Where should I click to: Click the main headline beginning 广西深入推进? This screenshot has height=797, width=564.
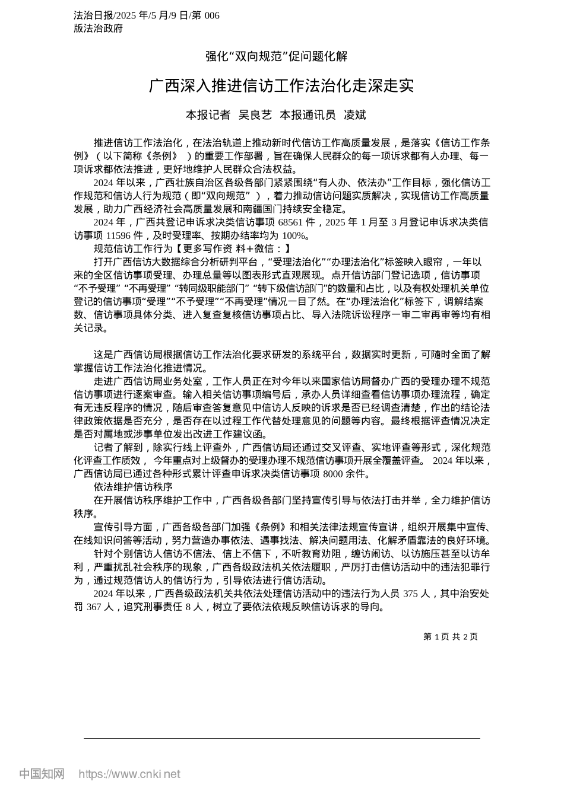point(281,86)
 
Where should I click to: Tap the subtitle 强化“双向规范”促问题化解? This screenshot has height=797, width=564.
point(276,56)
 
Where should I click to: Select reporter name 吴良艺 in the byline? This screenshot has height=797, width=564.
point(255,115)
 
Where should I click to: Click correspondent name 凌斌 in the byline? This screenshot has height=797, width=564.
point(355,115)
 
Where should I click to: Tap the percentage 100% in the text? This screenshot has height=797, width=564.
point(296,235)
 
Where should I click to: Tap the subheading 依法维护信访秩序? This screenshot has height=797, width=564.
point(133,487)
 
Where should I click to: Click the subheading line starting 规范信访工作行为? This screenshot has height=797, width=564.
point(192,248)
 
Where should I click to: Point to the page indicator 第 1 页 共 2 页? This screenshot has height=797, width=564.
point(450,636)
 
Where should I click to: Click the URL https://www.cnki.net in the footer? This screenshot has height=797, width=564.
point(129,774)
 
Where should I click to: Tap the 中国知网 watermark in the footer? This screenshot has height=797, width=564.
point(42,774)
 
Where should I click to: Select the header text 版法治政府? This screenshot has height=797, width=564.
point(99,28)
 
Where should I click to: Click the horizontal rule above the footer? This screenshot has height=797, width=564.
point(282,738)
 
